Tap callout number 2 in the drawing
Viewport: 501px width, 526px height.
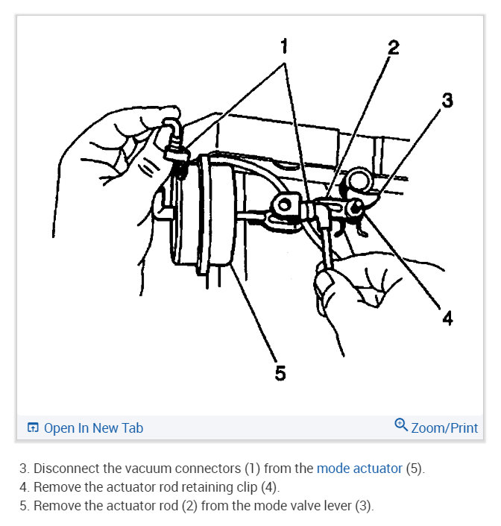(x=393, y=48)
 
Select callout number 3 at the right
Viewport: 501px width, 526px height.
(x=447, y=100)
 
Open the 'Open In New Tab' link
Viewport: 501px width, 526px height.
(x=92, y=428)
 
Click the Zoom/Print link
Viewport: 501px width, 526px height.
(x=444, y=428)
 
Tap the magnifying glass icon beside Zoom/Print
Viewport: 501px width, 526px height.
(x=401, y=426)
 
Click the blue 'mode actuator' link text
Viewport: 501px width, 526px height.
(x=359, y=469)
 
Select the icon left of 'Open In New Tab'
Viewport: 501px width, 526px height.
(x=33, y=428)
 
